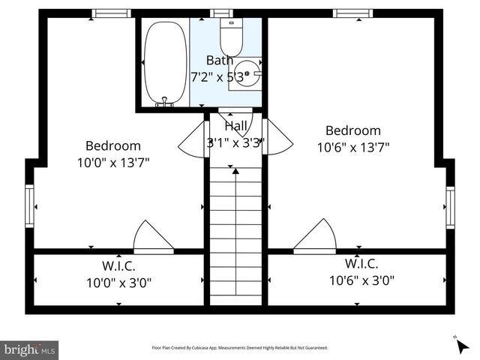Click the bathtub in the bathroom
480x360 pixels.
166,63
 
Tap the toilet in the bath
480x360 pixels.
230,34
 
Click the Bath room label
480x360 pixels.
219,60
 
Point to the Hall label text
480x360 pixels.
235,126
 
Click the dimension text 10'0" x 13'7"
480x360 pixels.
112,162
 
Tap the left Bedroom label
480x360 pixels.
112,145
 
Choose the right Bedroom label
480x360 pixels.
352,130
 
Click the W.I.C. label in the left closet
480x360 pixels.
118,265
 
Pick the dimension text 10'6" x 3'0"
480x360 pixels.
361,280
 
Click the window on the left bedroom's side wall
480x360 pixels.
29,205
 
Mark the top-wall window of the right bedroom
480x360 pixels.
352,13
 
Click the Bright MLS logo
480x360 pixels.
29,349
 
